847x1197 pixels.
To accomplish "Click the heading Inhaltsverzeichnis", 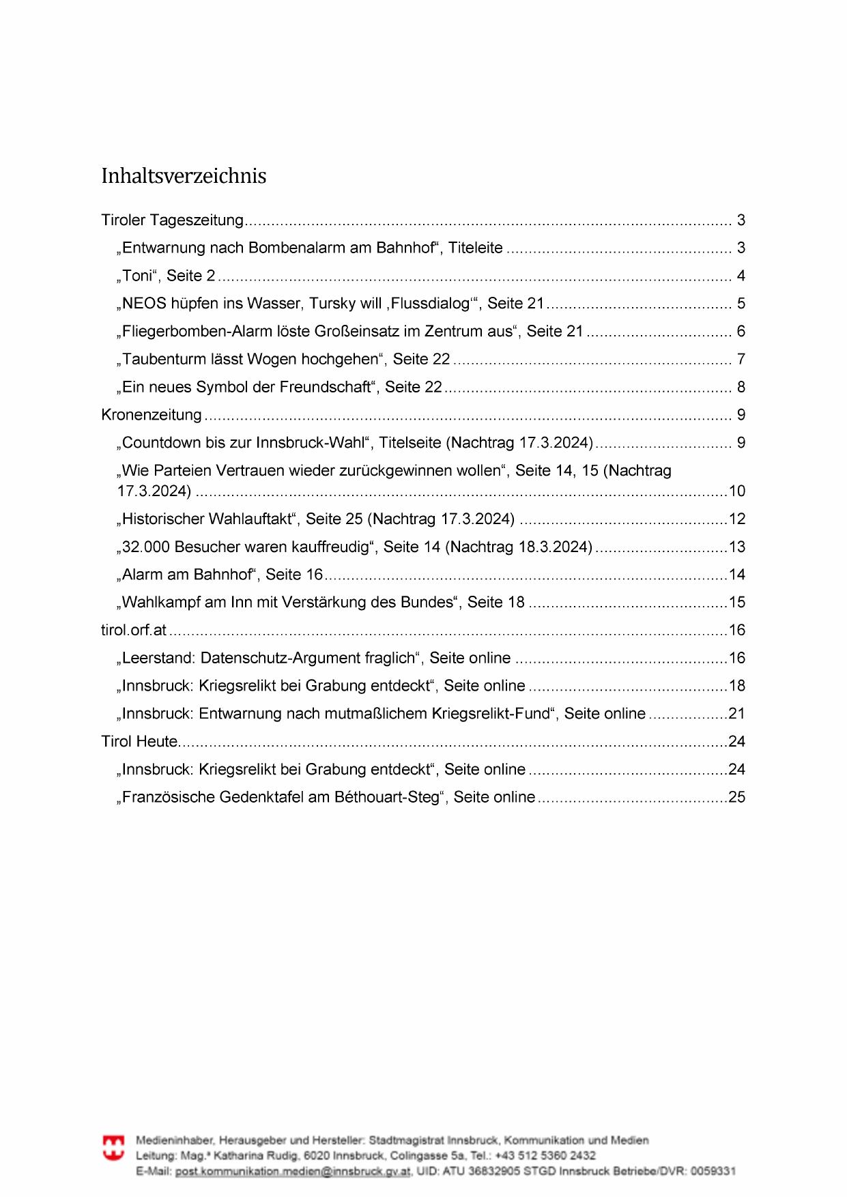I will tap(184, 176).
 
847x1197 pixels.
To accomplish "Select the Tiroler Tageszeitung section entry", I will tap(172, 220).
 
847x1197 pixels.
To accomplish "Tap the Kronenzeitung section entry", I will tap(152, 415).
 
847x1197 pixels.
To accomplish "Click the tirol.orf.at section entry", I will tap(134, 630).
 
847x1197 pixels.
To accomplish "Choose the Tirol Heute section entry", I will tap(140, 741).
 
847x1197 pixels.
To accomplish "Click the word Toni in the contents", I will tap(137, 276).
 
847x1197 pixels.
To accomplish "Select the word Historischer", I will tap(161, 519).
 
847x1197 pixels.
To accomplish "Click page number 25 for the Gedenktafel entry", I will tap(737, 797).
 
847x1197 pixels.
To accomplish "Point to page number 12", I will tap(737, 519).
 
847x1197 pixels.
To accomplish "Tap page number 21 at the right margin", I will tap(737, 713).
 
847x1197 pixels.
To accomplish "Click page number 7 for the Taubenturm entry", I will tap(741, 359).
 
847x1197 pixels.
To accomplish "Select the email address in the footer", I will tap(293, 1171).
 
